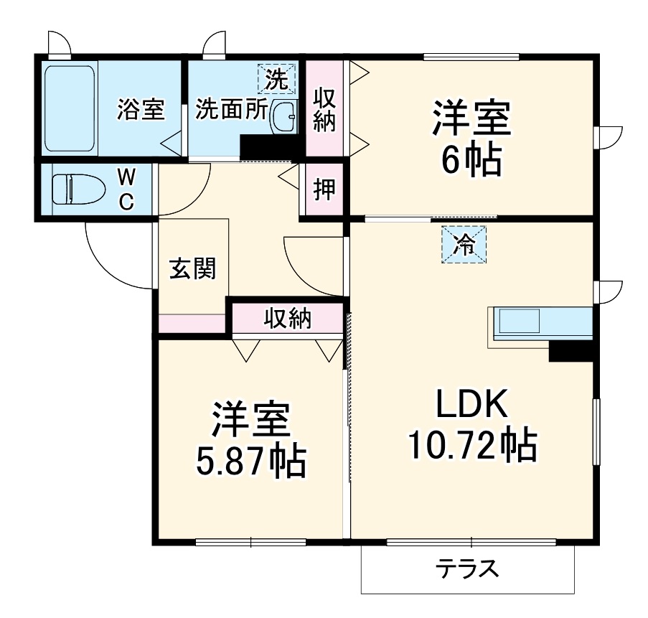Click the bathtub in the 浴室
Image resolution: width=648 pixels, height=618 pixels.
tap(69, 108)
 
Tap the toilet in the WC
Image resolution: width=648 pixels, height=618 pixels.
tap(78, 189)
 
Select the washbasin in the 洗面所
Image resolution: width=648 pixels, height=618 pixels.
tap(283, 116)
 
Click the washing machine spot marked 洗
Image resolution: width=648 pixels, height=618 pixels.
tap(276, 78)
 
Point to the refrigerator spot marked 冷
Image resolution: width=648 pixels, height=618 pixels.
tap(464, 244)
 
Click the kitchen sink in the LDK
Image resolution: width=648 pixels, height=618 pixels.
tap(519, 321)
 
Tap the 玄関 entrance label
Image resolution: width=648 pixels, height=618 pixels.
tap(193, 268)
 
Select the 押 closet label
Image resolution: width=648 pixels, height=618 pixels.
tap(324, 189)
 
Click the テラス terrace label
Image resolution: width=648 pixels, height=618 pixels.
tap(467, 568)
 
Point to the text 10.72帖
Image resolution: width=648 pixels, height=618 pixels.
tap(473, 446)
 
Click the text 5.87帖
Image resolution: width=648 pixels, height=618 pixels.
tap(251, 462)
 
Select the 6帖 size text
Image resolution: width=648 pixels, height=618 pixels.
tap(471, 160)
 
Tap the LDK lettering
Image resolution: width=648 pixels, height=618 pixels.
tap(472, 403)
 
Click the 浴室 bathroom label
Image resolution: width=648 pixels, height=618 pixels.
tap(141, 109)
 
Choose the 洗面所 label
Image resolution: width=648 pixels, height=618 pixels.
tap(231, 109)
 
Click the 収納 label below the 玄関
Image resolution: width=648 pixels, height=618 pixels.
tap(288, 318)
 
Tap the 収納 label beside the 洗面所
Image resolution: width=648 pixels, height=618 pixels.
tap(324, 110)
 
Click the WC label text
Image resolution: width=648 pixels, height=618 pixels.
tap(126, 189)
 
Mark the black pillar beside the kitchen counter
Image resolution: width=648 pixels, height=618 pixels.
tap(571, 351)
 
